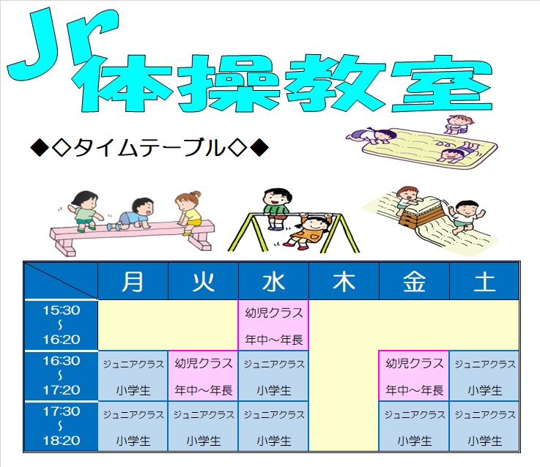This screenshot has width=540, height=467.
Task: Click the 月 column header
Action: [133, 281]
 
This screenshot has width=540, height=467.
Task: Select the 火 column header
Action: [203, 281]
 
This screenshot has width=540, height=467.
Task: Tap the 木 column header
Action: [344, 281]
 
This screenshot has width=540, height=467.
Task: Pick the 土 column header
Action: [484, 281]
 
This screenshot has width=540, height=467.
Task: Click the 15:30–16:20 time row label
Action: [62, 325]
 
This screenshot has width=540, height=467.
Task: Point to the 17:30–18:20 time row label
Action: [62, 426]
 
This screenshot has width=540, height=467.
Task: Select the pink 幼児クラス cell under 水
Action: [273, 325]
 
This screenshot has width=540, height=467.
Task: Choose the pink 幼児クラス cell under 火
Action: [203, 376]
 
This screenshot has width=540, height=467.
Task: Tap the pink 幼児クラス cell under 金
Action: [414, 376]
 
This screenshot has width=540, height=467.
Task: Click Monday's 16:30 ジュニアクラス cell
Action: [133, 376]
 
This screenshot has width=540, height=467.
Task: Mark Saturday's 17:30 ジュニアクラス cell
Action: [484, 426]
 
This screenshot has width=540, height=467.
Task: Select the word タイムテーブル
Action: [149, 148]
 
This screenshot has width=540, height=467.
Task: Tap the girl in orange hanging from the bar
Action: [308, 231]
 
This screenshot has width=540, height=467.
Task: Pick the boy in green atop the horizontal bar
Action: [277, 208]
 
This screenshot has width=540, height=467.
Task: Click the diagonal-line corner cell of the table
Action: [62, 281]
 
